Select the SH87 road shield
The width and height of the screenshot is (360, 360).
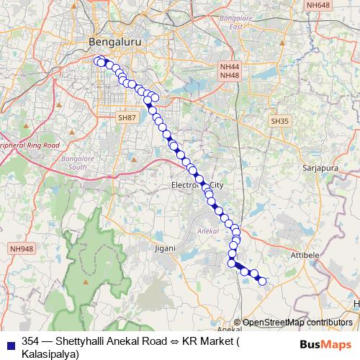pos(127,117)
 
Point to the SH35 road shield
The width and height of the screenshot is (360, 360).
pos(280,121)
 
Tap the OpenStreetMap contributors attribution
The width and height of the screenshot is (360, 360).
pos(297,323)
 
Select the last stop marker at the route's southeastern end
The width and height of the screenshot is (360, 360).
pos(263,282)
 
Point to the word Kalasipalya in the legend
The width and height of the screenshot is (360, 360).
pos(50,352)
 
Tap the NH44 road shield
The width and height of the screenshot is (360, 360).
pos(230,66)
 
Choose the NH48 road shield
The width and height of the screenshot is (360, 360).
pos(230,76)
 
